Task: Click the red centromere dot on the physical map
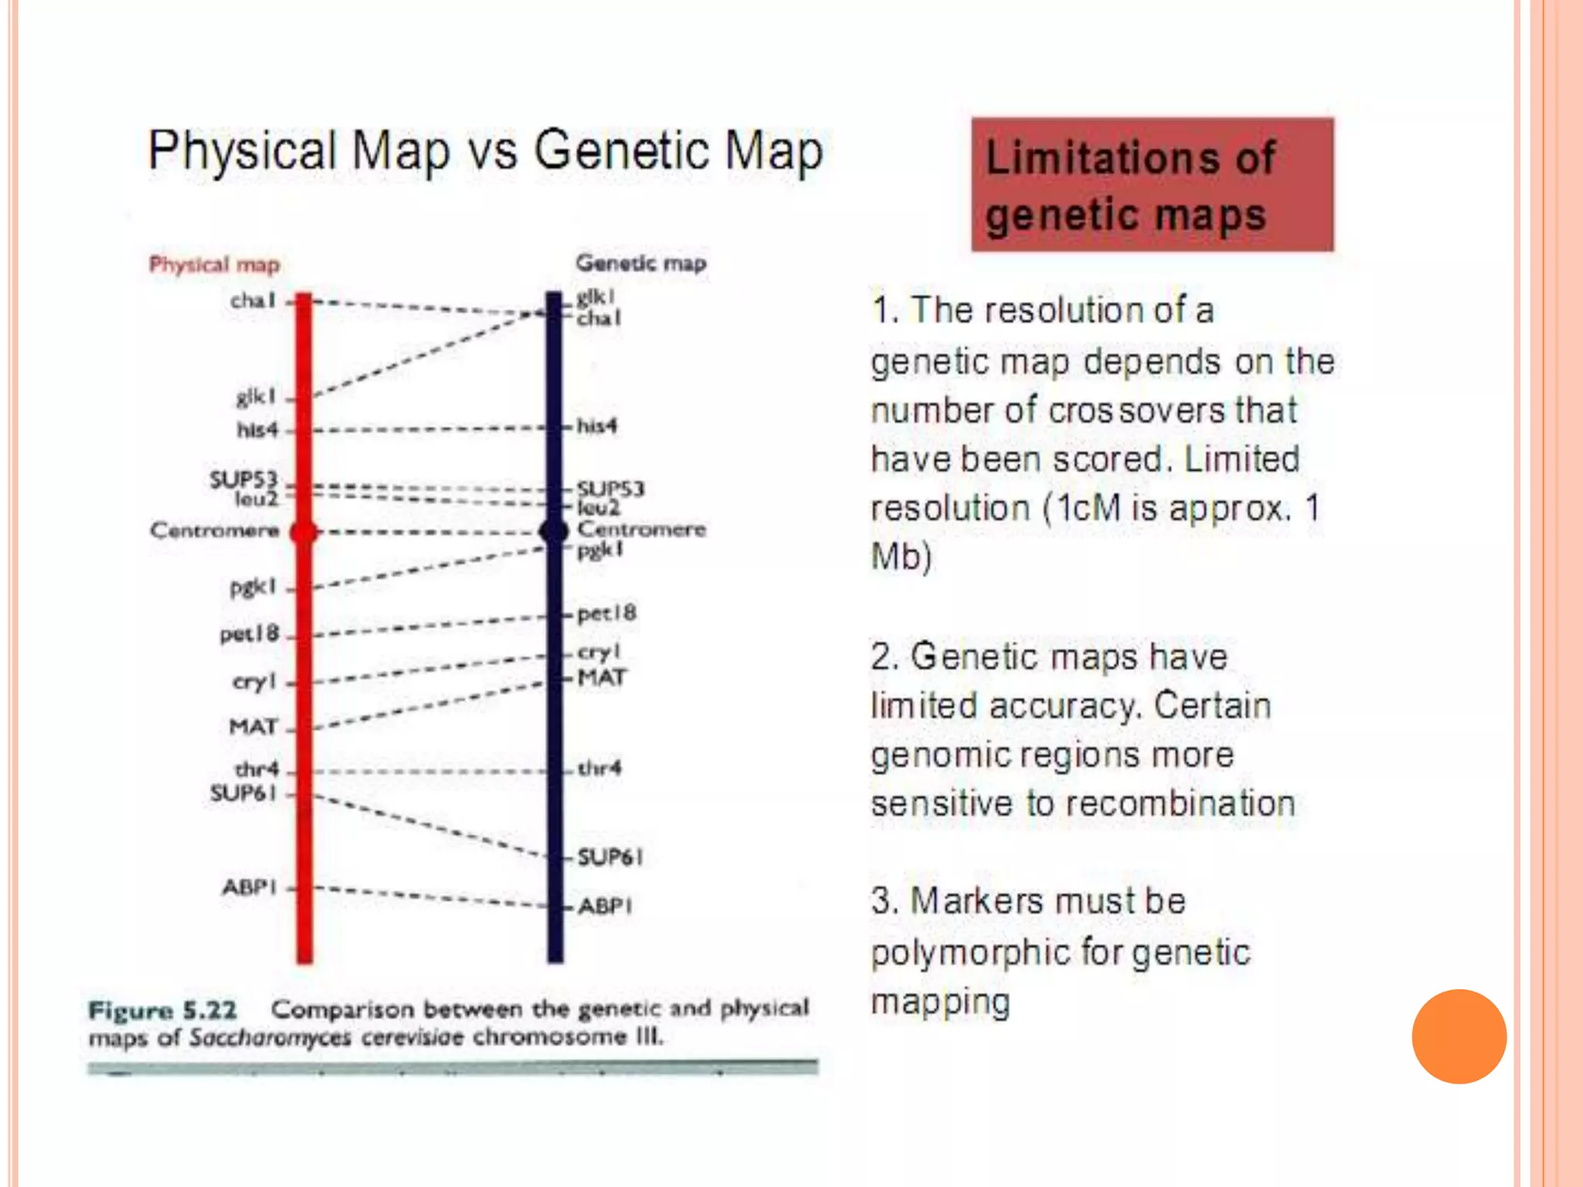pos(304,532)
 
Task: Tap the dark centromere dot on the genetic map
pos(553,531)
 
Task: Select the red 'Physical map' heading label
pos(214,264)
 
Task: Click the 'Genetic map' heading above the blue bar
pos(641,263)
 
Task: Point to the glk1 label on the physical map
pos(256,397)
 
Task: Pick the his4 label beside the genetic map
pos(597,426)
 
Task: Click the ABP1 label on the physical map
pos(249,886)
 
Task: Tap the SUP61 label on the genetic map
pos(611,856)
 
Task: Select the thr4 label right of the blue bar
pos(600,768)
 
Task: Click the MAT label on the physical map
pos(253,726)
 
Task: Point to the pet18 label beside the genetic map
pos(607,614)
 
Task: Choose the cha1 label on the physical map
pos(253,300)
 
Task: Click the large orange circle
pos(1459,1036)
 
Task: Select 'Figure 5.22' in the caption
pos(162,1010)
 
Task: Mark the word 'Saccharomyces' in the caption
pos(270,1037)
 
